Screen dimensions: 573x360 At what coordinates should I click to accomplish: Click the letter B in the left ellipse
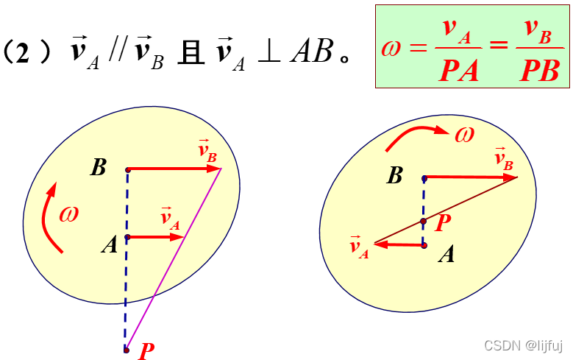[x=99, y=167]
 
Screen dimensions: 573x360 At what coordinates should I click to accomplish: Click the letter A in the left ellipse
[x=110, y=244]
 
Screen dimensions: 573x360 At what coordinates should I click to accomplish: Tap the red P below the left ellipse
[x=146, y=350]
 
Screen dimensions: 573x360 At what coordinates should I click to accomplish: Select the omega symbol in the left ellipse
[x=69, y=214]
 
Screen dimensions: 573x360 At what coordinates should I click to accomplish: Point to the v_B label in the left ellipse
[x=207, y=152]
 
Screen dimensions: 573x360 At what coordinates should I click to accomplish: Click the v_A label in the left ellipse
[x=171, y=219]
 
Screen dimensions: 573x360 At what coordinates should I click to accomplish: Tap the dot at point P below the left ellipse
[x=127, y=350]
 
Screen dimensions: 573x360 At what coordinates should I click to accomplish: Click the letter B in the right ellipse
[x=395, y=175]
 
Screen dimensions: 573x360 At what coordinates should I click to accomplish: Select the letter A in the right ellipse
[x=446, y=255]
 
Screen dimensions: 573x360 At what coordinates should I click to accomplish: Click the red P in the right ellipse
[x=443, y=223]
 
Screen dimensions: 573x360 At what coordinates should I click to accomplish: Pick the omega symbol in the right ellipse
[x=465, y=134]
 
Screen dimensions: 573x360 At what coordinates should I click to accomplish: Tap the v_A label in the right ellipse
[x=359, y=247]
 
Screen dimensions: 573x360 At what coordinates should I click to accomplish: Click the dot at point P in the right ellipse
[x=424, y=221]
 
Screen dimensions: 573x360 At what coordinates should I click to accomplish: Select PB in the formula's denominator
[x=539, y=71]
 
